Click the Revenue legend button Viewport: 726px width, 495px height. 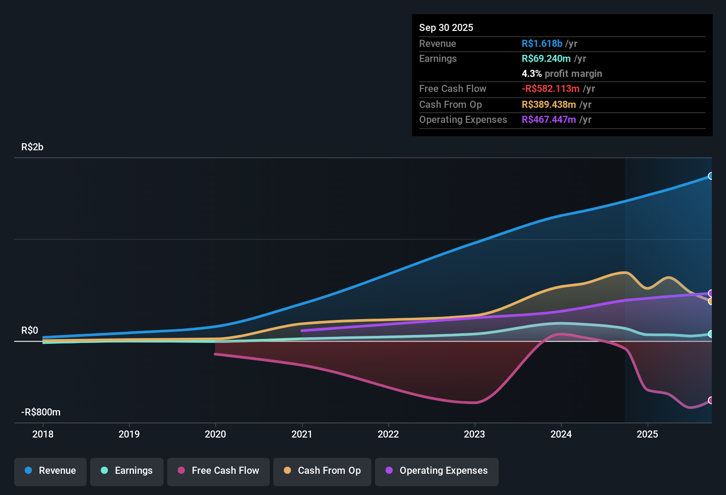tap(50, 471)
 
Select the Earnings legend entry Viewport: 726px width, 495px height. tap(127, 471)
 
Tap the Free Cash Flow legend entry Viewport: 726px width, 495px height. tap(218, 471)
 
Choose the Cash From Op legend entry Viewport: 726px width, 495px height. tap(322, 471)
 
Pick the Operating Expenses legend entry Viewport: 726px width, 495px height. tap(437, 471)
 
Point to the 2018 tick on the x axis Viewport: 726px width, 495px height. tap(43, 434)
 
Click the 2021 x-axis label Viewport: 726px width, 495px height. tap(302, 434)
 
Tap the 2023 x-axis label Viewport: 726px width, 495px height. tap(474, 434)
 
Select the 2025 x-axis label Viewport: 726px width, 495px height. tap(647, 434)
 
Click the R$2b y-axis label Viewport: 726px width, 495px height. tap(32, 147)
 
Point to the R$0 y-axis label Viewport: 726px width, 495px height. tap(30, 331)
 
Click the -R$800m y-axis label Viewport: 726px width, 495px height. tap(41, 412)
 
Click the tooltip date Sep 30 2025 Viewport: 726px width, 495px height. tap(446, 28)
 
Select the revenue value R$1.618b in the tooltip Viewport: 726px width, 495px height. tap(542, 44)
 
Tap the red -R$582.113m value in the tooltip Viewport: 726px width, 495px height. tap(550, 89)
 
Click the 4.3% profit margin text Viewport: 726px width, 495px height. tap(562, 74)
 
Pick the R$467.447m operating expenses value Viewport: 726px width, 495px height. tap(549, 120)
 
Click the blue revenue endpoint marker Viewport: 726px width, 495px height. tap(711, 176)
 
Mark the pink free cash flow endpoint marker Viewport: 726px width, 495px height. tap(711, 400)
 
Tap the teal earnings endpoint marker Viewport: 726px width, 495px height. tap(711, 334)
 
